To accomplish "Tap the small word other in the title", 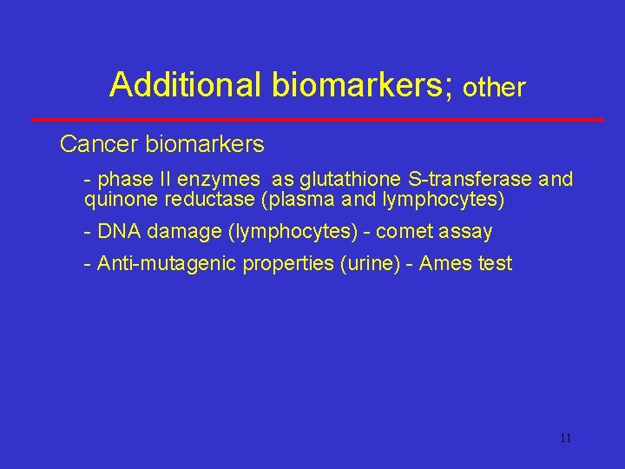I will [495, 88].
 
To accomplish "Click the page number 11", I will [565, 439].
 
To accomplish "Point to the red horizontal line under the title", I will [317, 119].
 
